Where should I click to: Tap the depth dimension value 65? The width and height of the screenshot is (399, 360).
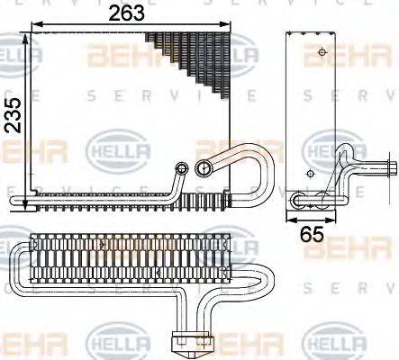[x=311, y=237]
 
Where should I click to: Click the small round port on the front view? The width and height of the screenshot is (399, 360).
[x=183, y=167]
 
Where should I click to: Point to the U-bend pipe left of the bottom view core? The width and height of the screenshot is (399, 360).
[x=18, y=270]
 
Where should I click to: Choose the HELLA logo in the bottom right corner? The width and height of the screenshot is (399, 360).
[x=333, y=343]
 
